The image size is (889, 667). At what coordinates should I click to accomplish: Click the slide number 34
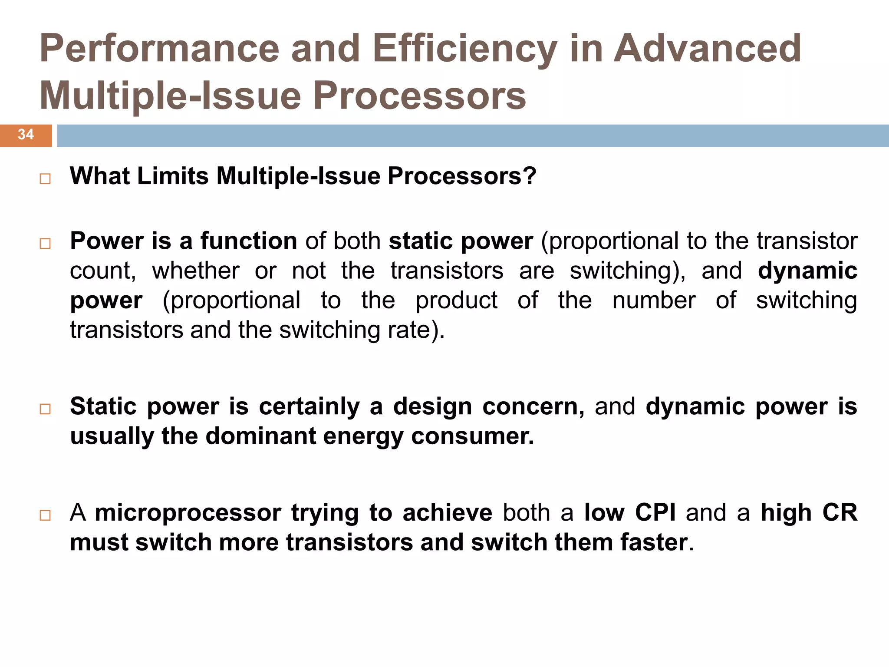26,135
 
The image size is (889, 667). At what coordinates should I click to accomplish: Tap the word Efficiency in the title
464,49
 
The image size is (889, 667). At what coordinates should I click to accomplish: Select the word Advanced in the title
707,49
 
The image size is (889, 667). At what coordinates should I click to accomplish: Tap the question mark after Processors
530,176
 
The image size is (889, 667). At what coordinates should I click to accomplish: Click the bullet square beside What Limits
45,179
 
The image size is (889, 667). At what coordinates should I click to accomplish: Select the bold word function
248,241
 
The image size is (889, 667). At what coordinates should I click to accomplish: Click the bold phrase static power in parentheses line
461,241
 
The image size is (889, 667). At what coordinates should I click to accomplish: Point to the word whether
195,271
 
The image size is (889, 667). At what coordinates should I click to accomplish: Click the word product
456,300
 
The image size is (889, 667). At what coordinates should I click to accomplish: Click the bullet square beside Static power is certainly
45,409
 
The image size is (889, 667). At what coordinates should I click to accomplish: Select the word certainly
310,407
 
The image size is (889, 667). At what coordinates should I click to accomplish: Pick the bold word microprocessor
188,513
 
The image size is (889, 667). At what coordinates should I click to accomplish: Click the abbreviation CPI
655,513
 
